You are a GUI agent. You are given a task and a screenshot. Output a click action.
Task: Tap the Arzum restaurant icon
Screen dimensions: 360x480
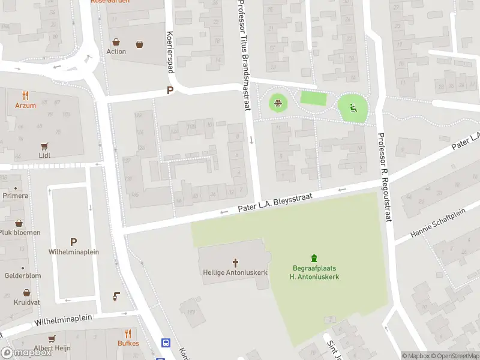coord(25,96)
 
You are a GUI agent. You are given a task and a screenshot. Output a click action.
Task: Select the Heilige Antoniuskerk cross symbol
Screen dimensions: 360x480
coord(235,262)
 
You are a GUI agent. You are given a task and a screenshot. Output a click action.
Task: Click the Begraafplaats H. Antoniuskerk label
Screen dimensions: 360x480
coord(314,272)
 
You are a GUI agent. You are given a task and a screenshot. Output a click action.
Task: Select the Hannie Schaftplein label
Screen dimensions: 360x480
coord(438,224)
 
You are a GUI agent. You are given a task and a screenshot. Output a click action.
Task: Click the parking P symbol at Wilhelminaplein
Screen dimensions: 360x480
coord(74,242)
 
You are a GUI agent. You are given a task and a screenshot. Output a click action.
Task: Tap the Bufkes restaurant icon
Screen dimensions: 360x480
coord(128,334)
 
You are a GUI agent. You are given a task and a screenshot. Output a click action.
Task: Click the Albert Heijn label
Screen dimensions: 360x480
coord(52,348)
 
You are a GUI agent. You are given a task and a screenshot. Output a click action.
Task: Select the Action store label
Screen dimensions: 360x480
coord(116,51)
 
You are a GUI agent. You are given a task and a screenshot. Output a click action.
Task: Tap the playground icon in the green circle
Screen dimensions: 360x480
coord(353,109)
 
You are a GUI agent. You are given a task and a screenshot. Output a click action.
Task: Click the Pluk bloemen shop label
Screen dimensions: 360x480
coord(20,232)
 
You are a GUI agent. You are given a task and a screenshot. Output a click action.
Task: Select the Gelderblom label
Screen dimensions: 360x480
coord(23,276)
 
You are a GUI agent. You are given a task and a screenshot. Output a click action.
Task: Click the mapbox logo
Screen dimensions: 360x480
coord(26,353)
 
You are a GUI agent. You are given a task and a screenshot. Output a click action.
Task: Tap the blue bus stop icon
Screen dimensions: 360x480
coord(166,343)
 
